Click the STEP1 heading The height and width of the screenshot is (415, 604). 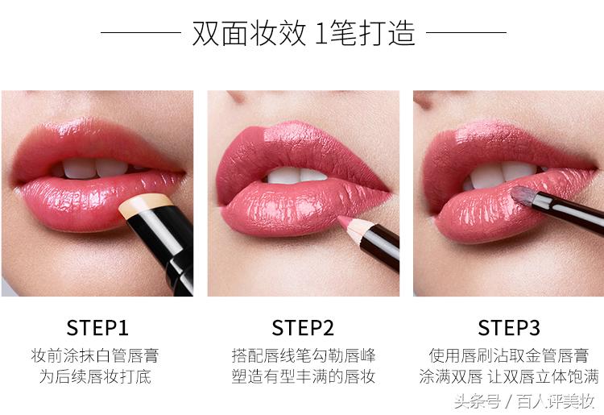pyautogui.click(x=97, y=327)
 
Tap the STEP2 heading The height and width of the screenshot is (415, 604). pyautogui.click(x=303, y=327)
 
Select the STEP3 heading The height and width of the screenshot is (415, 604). pyautogui.click(x=509, y=327)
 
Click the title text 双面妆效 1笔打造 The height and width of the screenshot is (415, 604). pyautogui.click(x=304, y=33)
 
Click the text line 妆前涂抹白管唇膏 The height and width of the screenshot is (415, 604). pyautogui.click(x=97, y=355)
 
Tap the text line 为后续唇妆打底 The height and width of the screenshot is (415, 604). pyautogui.click(x=97, y=376)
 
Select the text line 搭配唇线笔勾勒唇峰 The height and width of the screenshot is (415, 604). pyautogui.click(x=303, y=355)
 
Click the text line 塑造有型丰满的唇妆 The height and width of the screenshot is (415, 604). pyautogui.click(x=303, y=376)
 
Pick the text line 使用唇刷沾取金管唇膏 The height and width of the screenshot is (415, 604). pyautogui.click(x=509, y=355)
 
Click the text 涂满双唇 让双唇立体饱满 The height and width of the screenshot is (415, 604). pyautogui.click(x=509, y=376)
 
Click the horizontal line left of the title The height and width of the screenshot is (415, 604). pyautogui.click(x=140, y=33)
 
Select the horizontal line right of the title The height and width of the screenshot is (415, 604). pyautogui.click(x=466, y=33)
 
